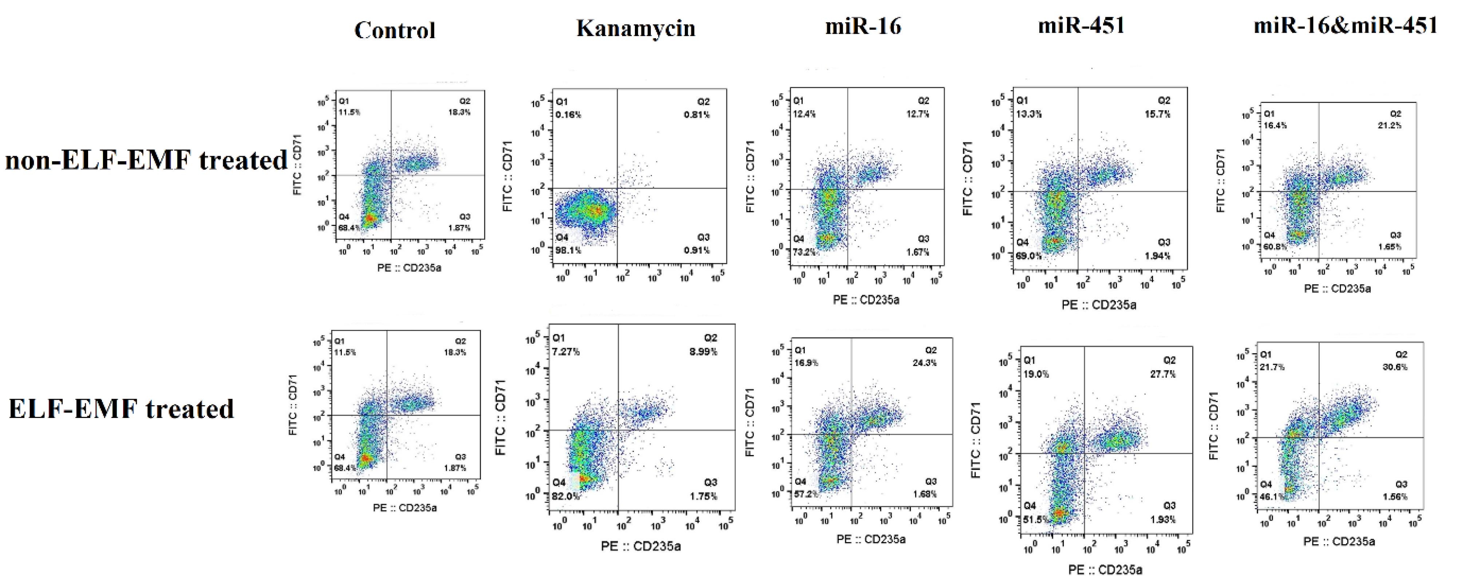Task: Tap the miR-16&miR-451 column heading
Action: pyautogui.click(x=1346, y=25)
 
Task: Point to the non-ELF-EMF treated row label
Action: pyautogui.click(x=146, y=160)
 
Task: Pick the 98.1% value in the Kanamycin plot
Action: pyautogui.click(x=568, y=250)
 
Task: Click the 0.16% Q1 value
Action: pyautogui.click(x=568, y=115)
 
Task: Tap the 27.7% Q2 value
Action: pyautogui.click(x=1163, y=374)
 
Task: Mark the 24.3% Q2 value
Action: pyautogui.click(x=925, y=363)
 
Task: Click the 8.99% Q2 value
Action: pyautogui.click(x=703, y=352)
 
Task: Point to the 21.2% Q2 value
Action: pyautogui.click(x=1389, y=125)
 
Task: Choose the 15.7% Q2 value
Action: pyautogui.click(x=1157, y=114)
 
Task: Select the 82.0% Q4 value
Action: pyautogui.click(x=566, y=496)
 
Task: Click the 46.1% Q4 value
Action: pyautogui.click(x=1271, y=497)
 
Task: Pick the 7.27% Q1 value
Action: pyautogui.click(x=566, y=352)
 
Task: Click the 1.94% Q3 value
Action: pyautogui.click(x=1157, y=256)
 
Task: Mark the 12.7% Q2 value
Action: pyautogui.click(x=918, y=114)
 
